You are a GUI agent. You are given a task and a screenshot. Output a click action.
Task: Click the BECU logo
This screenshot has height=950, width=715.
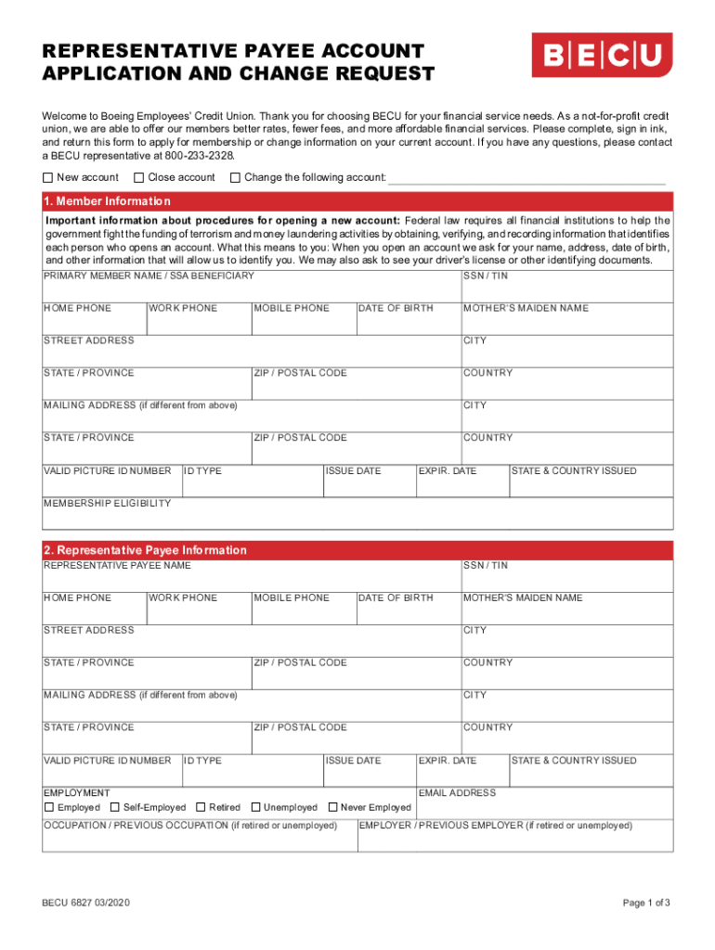coord(602,56)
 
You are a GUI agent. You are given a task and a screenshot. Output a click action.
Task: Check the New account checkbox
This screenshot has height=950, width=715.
coord(48,177)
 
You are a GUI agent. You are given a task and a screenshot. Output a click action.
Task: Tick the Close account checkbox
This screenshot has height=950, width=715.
coord(139,177)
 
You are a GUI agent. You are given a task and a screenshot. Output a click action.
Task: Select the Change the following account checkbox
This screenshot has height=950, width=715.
coord(235,177)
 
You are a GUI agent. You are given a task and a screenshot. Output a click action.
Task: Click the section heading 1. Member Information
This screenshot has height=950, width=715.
coord(107,201)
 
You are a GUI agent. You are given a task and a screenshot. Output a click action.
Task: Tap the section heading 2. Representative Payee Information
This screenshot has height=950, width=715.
coord(145,550)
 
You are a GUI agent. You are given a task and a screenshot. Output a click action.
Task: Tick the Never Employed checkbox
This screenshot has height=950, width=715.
coord(331,807)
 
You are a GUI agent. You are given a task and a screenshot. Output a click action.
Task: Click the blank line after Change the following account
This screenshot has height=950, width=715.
coord(526,178)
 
